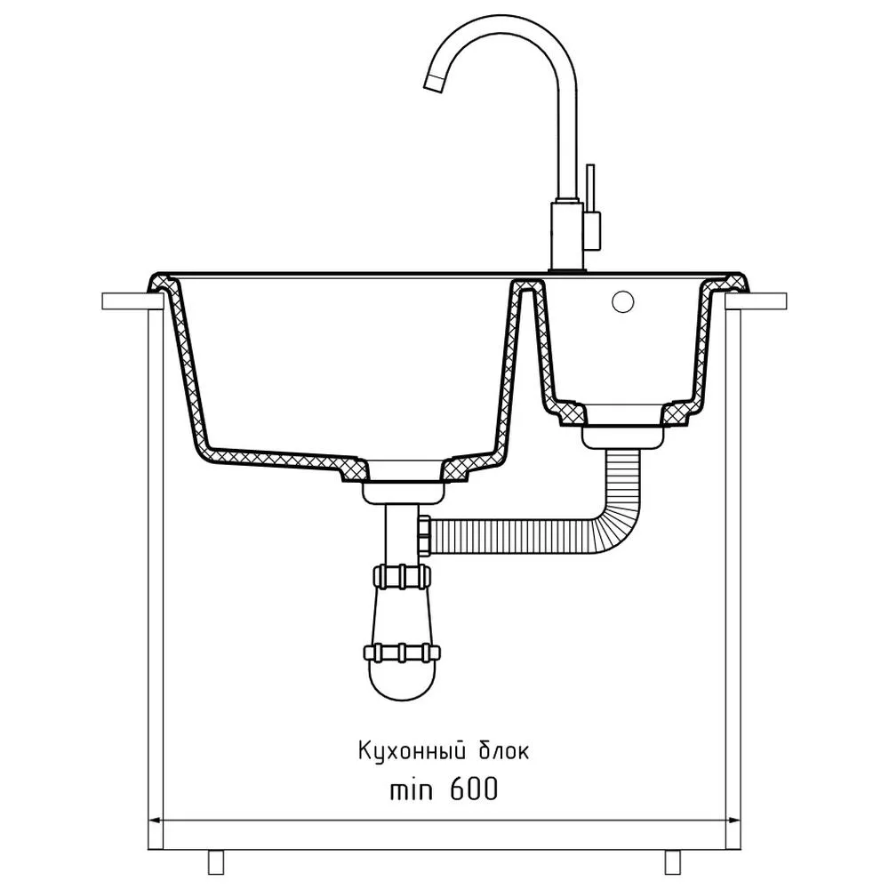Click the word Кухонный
tap(412, 752)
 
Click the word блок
tap(504, 751)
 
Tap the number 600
tap(475, 789)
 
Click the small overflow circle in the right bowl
tap(622, 301)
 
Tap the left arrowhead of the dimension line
tap(155, 821)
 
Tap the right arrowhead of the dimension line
tap(733, 821)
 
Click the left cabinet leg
tap(216, 861)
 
